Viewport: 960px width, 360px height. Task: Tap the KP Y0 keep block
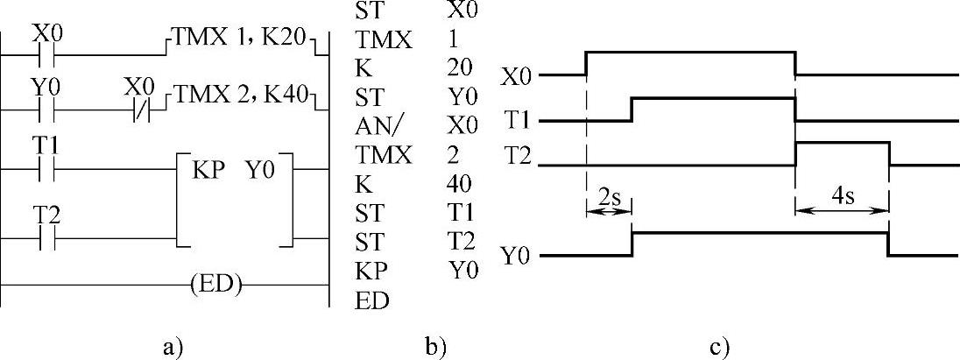coord(233,167)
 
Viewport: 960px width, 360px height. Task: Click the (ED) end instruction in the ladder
coord(215,284)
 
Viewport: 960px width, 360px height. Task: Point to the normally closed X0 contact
coord(140,112)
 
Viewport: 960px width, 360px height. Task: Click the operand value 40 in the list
coord(459,185)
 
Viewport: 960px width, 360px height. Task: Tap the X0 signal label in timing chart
coord(516,76)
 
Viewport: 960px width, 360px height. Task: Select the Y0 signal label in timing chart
coord(516,257)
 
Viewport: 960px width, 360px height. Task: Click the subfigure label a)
coord(173,346)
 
